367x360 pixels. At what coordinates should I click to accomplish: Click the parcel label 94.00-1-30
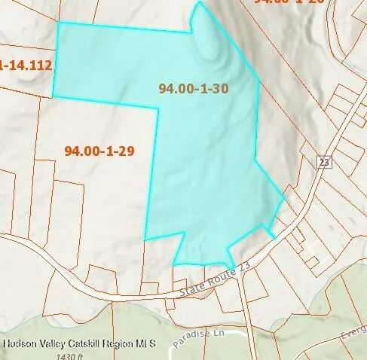pos(194,88)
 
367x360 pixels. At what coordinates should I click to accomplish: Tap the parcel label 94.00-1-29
pos(99,151)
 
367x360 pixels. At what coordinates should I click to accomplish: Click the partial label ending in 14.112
pos(26,66)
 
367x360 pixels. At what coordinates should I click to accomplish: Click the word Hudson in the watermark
pos(20,343)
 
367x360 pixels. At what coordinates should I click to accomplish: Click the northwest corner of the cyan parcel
pos(59,23)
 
